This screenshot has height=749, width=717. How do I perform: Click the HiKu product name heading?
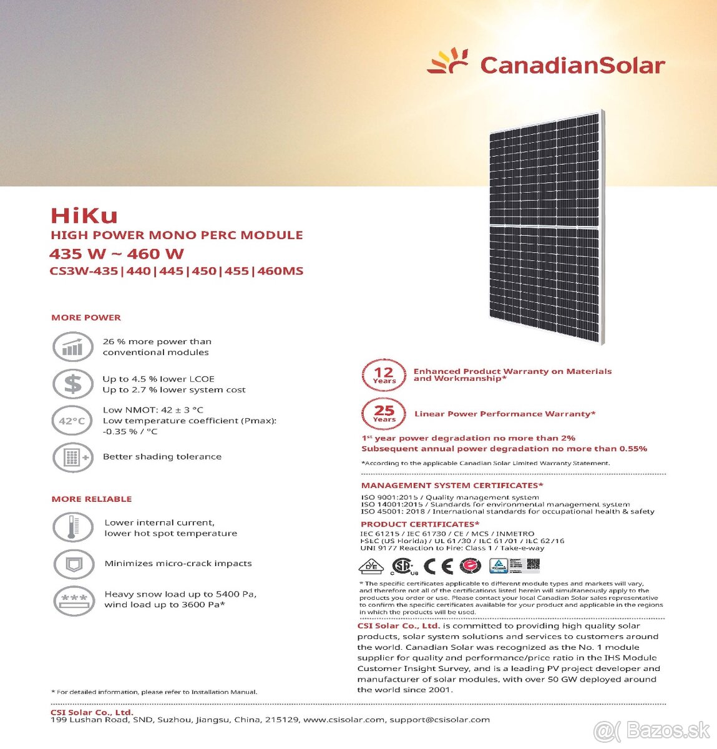click(x=84, y=215)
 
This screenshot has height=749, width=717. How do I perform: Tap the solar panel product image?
click(x=547, y=227)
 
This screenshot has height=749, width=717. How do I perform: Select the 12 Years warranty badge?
click(x=384, y=375)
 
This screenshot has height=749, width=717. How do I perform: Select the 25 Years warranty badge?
click(x=384, y=413)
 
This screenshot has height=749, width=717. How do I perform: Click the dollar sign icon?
click(x=72, y=384)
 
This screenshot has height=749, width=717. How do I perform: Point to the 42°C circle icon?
click(x=72, y=421)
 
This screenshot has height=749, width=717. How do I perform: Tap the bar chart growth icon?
click(x=72, y=347)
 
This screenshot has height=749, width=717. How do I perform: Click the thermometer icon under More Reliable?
click(x=72, y=527)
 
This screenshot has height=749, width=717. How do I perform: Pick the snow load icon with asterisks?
click(x=73, y=600)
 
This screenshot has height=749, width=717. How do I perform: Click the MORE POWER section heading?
click(x=86, y=318)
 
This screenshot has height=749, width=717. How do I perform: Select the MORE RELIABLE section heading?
click(x=92, y=499)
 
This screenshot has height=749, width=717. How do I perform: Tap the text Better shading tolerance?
click(x=162, y=457)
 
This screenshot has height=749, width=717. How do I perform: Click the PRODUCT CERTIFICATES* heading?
click(x=420, y=524)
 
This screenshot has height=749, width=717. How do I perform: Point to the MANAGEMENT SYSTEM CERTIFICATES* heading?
click(x=452, y=486)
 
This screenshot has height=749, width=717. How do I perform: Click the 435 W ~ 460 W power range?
click(x=117, y=254)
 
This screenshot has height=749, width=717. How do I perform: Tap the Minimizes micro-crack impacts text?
click(x=178, y=564)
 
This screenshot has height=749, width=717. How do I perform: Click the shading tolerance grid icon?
click(x=72, y=458)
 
